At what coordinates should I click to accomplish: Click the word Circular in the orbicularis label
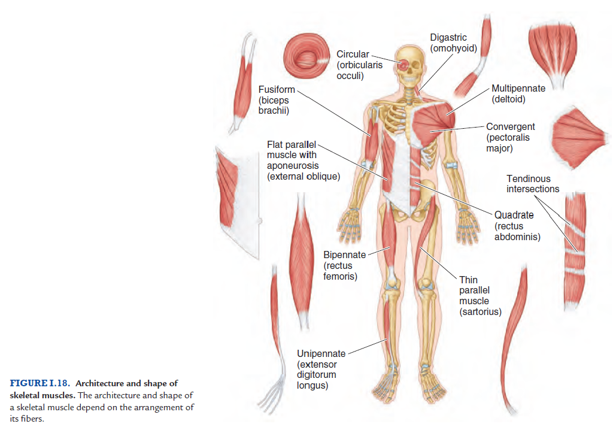tap(353, 54)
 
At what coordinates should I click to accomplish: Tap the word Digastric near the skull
tap(448, 38)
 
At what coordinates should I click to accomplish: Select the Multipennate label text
tap(518, 89)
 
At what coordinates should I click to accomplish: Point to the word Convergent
tap(511, 127)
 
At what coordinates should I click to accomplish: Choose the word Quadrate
tap(514, 215)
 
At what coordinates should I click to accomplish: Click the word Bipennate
tap(345, 255)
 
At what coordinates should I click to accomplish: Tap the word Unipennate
tap(320, 353)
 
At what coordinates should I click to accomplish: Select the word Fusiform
tap(277, 90)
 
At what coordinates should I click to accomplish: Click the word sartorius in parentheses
tap(480, 311)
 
